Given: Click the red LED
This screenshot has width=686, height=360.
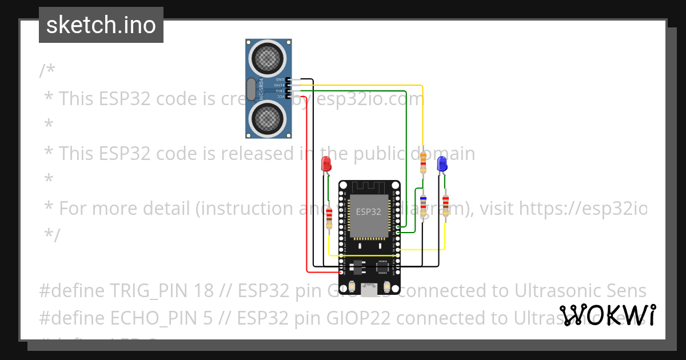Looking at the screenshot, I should pyautogui.click(x=326, y=163).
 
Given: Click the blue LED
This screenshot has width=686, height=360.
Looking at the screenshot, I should pyautogui.click(x=442, y=164).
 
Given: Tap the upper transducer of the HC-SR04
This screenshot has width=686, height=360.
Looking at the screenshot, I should pyautogui.click(x=268, y=56).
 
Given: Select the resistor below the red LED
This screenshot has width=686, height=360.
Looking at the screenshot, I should pyautogui.click(x=329, y=218).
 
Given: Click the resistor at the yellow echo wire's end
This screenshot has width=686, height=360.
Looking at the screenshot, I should pyautogui.click(x=423, y=162).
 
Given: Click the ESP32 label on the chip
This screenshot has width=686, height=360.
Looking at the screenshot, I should pyautogui.click(x=368, y=211).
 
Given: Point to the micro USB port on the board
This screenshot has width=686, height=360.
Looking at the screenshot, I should pyautogui.click(x=369, y=290).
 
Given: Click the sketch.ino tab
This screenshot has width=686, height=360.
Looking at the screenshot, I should pyautogui.click(x=101, y=25).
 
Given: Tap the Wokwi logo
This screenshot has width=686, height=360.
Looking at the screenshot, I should pyautogui.click(x=608, y=315).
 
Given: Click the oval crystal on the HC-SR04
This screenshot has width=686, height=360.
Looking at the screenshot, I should pyautogui.click(x=251, y=89).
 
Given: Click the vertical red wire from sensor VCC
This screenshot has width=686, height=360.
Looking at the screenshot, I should pyautogui.click(x=308, y=183).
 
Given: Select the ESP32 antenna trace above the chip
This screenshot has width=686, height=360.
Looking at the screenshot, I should pyautogui.click(x=369, y=187).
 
